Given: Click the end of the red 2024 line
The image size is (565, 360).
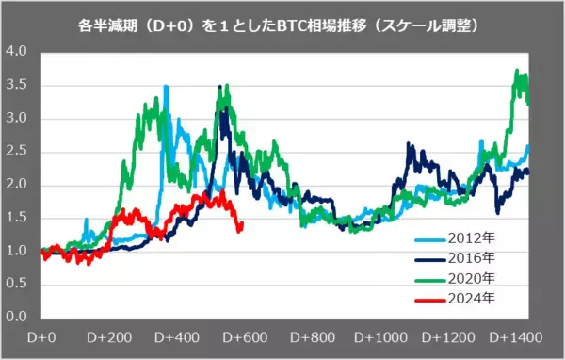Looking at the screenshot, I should (x=242, y=226).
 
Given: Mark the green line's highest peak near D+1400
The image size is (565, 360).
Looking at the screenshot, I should (x=516, y=71).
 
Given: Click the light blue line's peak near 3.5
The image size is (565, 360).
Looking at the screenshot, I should (x=167, y=86).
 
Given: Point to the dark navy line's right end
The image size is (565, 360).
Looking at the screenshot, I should (x=528, y=171).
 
